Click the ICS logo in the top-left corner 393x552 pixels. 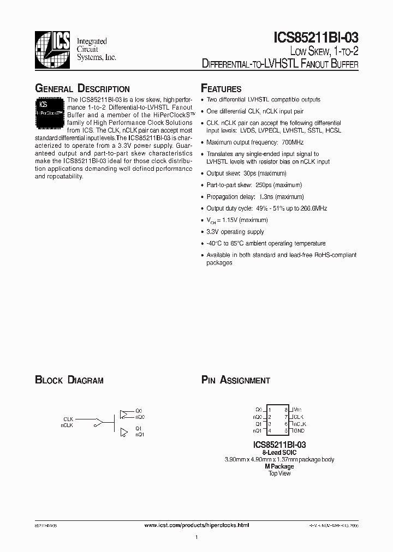(53, 49)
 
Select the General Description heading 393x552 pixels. (82, 89)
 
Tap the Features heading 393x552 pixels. (221, 89)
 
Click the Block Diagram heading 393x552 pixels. (69, 380)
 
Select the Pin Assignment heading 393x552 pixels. (236, 380)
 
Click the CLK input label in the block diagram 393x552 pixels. (68, 419)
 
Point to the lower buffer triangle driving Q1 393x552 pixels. (123, 432)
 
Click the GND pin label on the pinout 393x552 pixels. (299, 430)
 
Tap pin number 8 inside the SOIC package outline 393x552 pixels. (286, 409)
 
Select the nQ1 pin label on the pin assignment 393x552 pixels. (259, 430)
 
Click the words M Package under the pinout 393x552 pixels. (279, 466)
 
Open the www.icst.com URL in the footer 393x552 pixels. (196, 525)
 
